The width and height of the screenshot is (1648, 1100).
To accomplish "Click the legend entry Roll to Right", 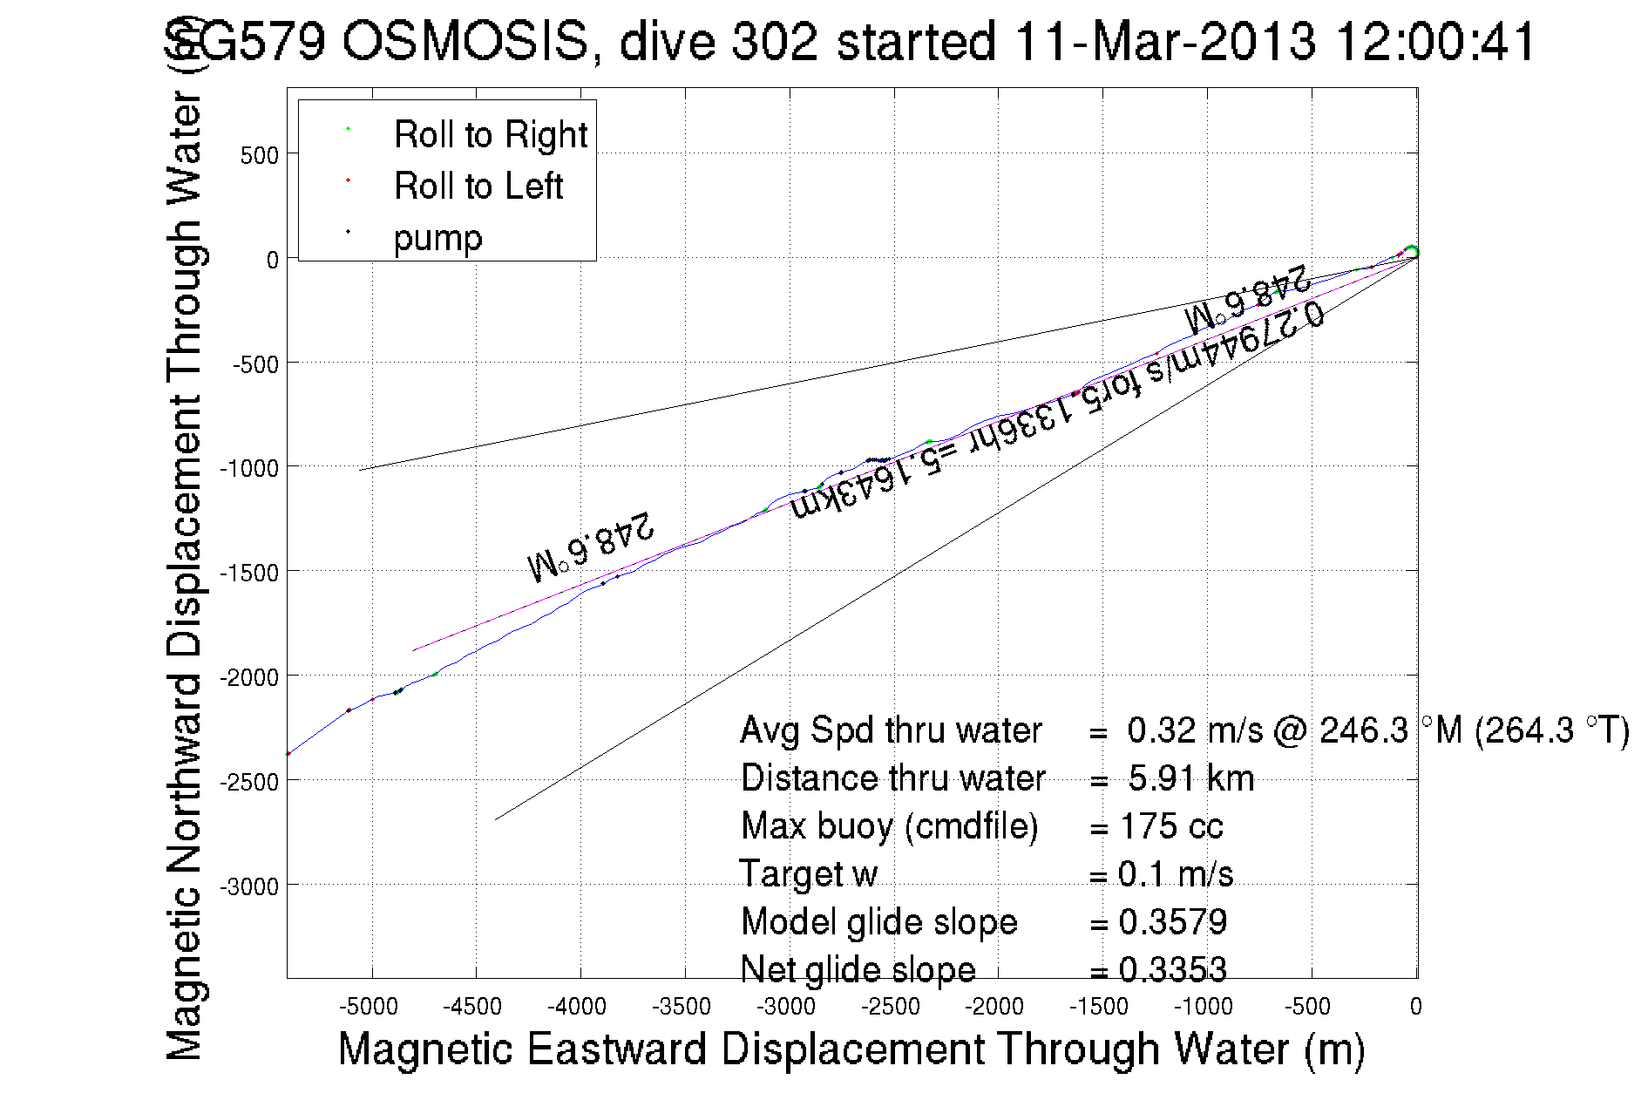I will click(x=490, y=135).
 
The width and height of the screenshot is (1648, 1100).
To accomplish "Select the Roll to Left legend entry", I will click(x=478, y=187).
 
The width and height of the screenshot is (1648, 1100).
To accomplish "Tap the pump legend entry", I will click(x=437, y=238).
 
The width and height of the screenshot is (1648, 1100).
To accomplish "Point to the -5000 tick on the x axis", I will click(x=372, y=1007).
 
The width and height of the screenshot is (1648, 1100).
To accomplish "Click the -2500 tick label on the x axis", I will click(x=890, y=1007).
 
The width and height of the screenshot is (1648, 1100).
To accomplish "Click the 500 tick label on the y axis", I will click(x=259, y=156).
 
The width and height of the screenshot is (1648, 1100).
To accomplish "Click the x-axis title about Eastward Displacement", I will click(x=851, y=1049).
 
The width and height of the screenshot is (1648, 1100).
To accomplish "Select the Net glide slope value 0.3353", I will click(x=1172, y=969).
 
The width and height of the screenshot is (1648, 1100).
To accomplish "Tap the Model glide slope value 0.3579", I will click(x=1172, y=922).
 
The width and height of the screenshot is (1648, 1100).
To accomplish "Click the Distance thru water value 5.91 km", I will click(x=1190, y=778).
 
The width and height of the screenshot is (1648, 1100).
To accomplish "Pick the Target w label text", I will click(x=808, y=874).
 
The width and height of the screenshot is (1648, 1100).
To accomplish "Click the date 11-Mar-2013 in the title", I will click(x=1165, y=42).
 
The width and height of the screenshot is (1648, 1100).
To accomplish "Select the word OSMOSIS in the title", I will click(x=465, y=42).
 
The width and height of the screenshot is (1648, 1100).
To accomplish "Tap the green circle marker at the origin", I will click(x=1412, y=252).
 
